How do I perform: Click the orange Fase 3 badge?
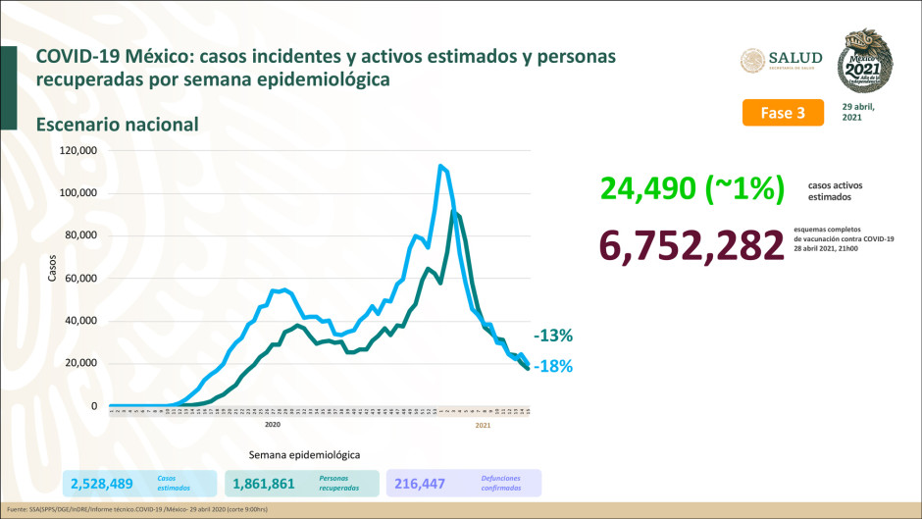tap(782, 113)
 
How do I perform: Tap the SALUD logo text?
tap(797, 59)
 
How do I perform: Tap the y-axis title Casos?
tap(52, 269)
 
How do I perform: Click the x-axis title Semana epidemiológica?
tap(304, 455)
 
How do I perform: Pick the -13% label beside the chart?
tap(554, 336)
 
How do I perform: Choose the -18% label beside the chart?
tap(554, 366)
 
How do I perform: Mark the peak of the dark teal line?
tap(454, 211)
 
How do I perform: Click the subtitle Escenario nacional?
tap(118, 125)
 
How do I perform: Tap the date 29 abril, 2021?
tap(858, 111)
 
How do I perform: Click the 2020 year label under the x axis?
tap(274, 426)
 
